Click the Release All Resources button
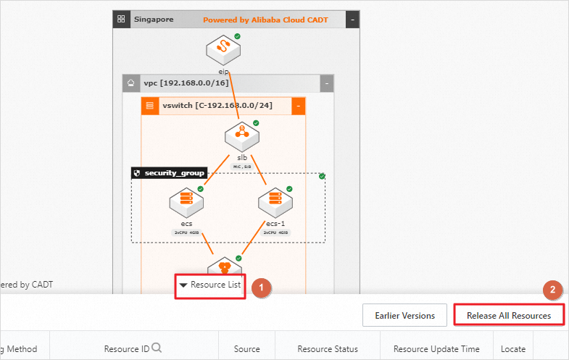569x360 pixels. click(x=508, y=315)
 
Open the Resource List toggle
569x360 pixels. click(x=209, y=285)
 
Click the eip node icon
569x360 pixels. click(x=223, y=49)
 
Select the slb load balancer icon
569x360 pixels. click(x=237, y=135)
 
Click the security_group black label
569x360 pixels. click(x=169, y=173)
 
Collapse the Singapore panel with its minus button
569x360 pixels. click(x=352, y=20)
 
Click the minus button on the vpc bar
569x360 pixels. click(x=327, y=83)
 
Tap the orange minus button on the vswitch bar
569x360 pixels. click(x=298, y=106)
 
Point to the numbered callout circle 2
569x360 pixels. click(x=552, y=290)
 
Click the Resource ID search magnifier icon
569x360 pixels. click(x=157, y=348)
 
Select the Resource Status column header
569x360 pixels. click(x=328, y=349)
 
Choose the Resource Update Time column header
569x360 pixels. click(x=436, y=349)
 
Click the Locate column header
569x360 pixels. click(x=513, y=349)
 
